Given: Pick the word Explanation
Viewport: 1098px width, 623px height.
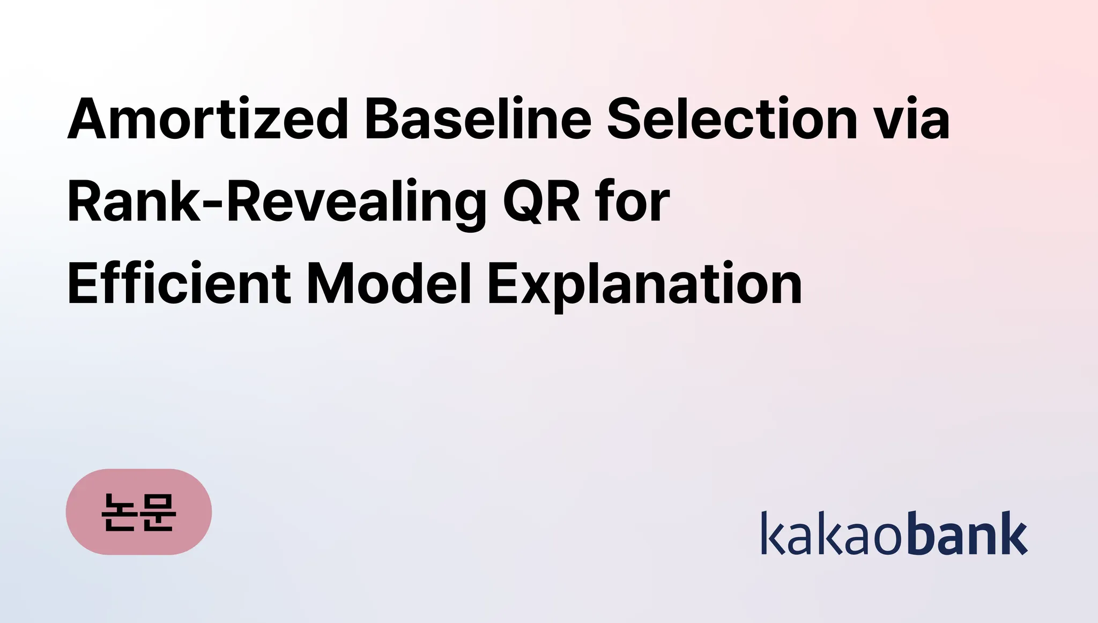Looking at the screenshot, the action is point(644,286).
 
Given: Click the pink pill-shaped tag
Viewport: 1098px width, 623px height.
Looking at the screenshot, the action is point(139,511).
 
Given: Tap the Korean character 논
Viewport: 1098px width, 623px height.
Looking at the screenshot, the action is point(118,512).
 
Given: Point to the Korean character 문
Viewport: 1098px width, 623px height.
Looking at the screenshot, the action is point(158,512).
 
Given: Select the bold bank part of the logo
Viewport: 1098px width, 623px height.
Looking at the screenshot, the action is point(968,532).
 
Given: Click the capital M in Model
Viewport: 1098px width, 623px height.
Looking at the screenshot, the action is point(331,284).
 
